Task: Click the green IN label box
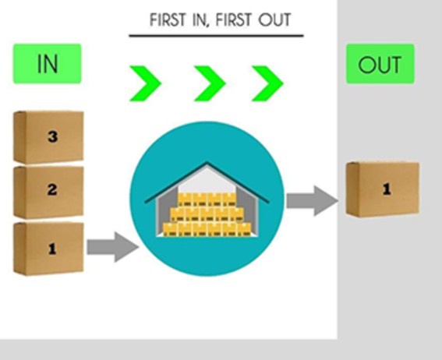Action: coord(47,64)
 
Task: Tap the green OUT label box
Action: coord(380,64)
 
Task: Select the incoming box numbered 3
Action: coord(48,137)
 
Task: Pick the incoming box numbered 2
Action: coord(48,192)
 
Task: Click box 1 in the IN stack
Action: coord(48,249)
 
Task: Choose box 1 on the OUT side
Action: coord(383,189)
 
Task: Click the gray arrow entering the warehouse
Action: coord(113,247)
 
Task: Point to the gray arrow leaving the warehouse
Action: coord(313,201)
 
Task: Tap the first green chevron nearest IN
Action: coord(145,83)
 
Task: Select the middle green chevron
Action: coord(210,83)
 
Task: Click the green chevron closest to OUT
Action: coord(267,83)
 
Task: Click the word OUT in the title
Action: coord(274,19)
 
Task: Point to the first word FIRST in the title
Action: coord(168,19)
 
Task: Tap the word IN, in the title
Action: coord(201,20)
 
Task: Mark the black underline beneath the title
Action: coord(216,36)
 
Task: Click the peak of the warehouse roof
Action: coord(207,163)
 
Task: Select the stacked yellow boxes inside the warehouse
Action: coord(207,214)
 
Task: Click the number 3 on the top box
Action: coord(52,137)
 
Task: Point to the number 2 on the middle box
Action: coord(52,189)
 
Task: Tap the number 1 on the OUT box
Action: coord(387,189)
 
